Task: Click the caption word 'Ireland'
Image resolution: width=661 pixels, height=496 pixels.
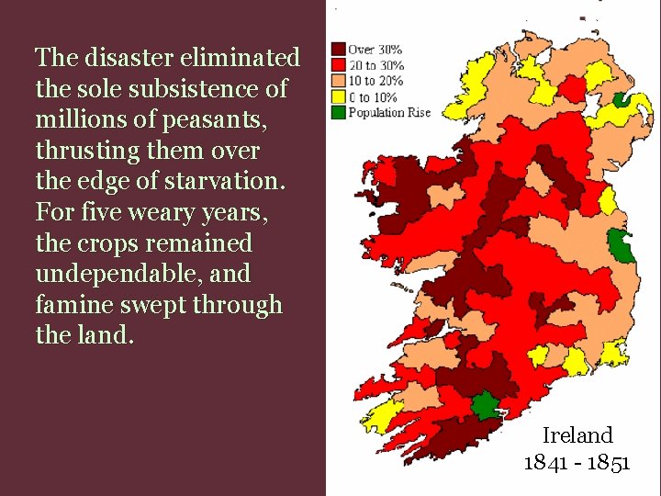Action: tap(577, 434)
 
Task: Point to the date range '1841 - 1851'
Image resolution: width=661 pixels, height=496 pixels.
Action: tap(577, 461)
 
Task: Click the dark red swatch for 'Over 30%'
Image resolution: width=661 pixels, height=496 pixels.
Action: tap(338, 49)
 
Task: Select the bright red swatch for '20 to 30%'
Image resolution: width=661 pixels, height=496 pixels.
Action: tap(338, 64)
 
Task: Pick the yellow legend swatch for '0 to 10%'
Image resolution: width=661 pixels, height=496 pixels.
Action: tap(338, 97)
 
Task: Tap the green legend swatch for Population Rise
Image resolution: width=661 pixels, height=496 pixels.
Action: tap(338, 113)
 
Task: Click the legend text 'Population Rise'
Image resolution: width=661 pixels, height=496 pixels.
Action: tap(389, 113)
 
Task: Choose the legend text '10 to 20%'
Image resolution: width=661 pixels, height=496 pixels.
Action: tap(376, 81)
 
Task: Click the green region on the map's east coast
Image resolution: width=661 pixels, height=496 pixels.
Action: tap(622, 245)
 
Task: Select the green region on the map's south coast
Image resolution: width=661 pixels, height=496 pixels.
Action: tap(484, 404)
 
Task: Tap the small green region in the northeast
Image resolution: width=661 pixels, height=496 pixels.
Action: tap(622, 100)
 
